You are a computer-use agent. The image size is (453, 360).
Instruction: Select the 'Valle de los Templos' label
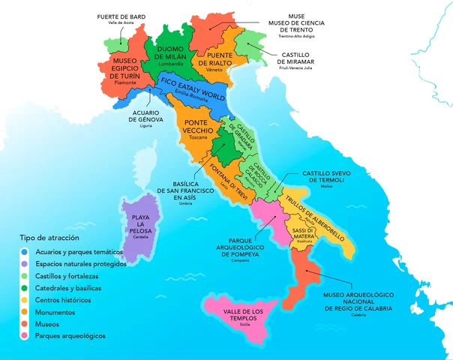pos(244,315)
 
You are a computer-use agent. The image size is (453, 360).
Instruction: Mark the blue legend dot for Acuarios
pos(25,252)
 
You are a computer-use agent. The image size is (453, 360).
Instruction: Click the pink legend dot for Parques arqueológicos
pos(25,336)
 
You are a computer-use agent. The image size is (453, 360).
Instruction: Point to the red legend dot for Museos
pos(25,324)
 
